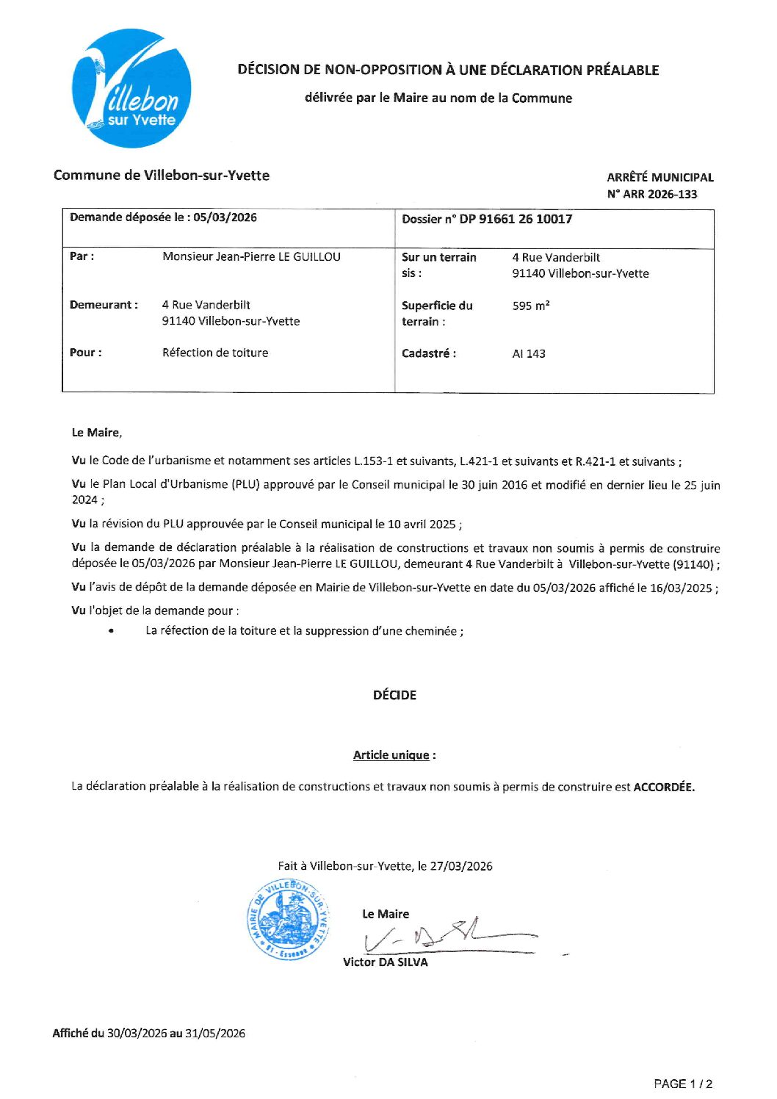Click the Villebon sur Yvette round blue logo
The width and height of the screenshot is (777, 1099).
click(x=132, y=88)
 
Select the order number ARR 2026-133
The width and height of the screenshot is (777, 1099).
click(x=659, y=194)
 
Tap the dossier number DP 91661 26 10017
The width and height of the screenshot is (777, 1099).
click(x=516, y=219)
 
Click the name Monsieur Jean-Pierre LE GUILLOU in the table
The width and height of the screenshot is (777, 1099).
click(x=251, y=256)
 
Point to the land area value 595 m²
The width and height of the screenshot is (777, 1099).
click(x=531, y=306)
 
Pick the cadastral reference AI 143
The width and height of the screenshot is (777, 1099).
click(x=529, y=353)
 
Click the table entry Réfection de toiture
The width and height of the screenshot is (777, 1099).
click(x=215, y=353)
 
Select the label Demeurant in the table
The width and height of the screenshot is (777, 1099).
click(x=104, y=305)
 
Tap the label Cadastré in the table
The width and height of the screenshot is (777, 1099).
click(x=429, y=353)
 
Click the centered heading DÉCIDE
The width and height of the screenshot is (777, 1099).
click(x=394, y=695)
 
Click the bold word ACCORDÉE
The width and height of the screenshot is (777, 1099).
click(x=663, y=787)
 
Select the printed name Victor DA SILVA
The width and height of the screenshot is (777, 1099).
click(x=385, y=962)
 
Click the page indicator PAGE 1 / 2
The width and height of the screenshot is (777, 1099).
click(x=683, y=1084)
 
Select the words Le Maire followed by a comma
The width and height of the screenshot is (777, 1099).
click(x=97, y=433)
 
